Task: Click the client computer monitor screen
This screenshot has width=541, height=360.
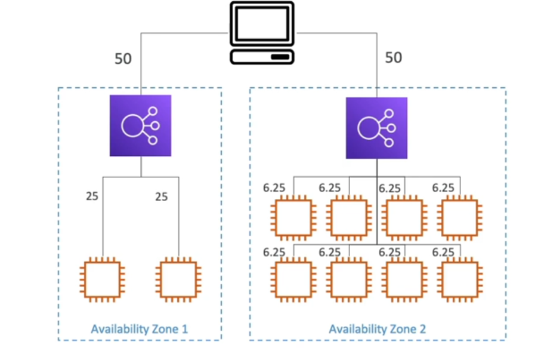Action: click(262, 23)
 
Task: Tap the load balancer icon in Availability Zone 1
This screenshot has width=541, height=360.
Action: click(140, 126)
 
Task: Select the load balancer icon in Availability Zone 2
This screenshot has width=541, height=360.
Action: click(377, 128)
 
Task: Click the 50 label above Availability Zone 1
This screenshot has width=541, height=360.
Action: click(123, 59)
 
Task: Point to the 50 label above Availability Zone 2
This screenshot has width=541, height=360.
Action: click(394, 58)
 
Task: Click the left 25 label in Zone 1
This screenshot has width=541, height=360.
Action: click(92, 196)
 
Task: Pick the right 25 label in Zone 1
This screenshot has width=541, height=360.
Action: click(162, 196)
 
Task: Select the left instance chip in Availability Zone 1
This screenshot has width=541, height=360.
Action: click(103, 279)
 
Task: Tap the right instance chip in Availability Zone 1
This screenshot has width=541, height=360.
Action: click(179, 279)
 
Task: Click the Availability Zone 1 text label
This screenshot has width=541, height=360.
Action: click(140, 329)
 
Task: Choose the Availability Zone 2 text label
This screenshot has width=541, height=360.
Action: click(378, 329)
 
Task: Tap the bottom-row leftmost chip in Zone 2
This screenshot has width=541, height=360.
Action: click(293, 279)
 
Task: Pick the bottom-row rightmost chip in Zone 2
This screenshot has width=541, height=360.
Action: click(460, 279)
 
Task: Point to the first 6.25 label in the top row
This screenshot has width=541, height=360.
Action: click(274, 188)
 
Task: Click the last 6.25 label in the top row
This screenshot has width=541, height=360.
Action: click(443, 188)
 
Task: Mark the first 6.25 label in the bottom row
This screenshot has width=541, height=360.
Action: click(274, 252)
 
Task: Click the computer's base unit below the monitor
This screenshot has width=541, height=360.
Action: click(262, 57)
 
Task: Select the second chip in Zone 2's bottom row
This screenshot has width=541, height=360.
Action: click(349, 279)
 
